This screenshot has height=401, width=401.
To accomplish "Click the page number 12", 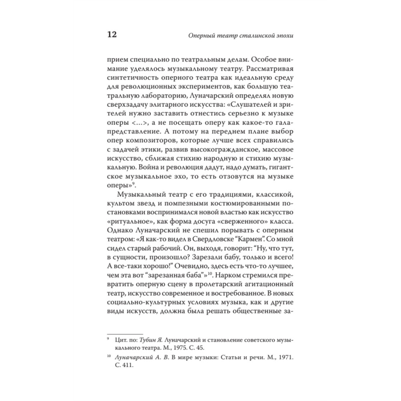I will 111,34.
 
